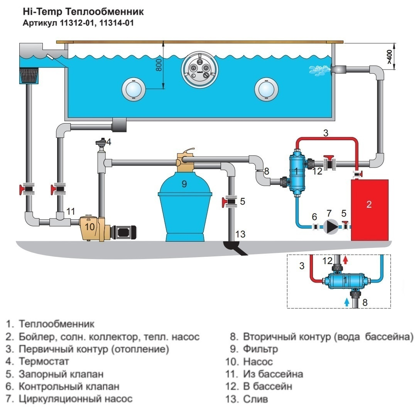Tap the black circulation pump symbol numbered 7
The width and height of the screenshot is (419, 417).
coord(330,227)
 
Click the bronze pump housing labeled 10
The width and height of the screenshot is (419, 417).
coord(90,228)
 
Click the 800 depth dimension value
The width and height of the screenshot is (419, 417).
coord(158,66)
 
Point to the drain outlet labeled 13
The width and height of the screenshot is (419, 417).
coord(235,247)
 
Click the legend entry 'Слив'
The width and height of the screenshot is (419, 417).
coord(255,399)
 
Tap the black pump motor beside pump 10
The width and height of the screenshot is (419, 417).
coord(123,231)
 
